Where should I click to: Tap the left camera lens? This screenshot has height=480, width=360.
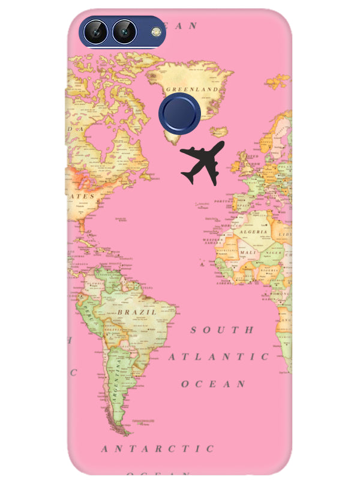click(96, 31)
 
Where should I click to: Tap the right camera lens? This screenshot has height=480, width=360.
click(124, 31)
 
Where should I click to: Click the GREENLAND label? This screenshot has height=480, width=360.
click(191, 89)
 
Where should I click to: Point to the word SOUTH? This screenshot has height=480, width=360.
click(222, 330)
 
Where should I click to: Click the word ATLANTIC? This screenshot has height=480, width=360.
click(218, 357)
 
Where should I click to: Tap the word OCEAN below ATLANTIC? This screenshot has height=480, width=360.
click(214, 383)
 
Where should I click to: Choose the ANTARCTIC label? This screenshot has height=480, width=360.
click(158, 448)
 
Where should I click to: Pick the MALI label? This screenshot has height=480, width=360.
click(247, 253)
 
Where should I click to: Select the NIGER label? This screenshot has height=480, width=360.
click(272, 253)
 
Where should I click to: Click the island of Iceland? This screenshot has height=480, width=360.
click(220, 131)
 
